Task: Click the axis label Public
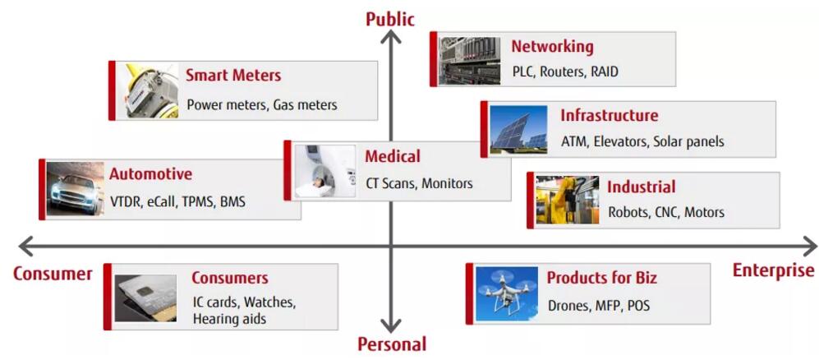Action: pos(390,18)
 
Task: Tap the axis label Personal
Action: pos(392,344)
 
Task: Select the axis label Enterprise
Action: pos(773,270)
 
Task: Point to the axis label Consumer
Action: pos(53,274)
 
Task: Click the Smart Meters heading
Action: pos(233,76)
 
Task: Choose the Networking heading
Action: pos(552,47)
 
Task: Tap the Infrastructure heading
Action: pos(609,116)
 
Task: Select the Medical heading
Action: pos(393,156)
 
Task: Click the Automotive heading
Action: pos(151,174)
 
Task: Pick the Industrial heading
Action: pos(641,187)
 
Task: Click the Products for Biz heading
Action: pos(602,278)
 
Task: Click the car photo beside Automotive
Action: pos(76,189)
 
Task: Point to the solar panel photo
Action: pos(519,129)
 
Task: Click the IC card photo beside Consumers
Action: pos(145,297)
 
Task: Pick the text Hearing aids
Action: pos(229,319)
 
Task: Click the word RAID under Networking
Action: pos(604,72)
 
